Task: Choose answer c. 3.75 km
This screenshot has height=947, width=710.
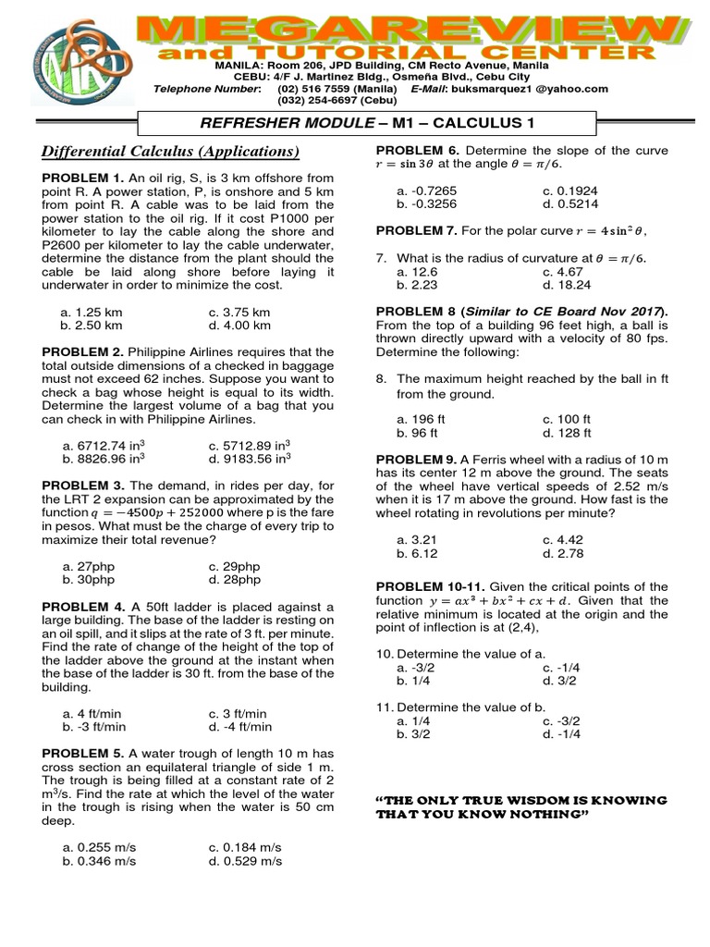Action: point(239,313)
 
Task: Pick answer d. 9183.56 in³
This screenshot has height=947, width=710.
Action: point(250,456)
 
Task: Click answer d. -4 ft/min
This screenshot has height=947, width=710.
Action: point(240,727)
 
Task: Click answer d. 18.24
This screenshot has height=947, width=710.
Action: point(564,287)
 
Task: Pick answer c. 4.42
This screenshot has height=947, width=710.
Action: point(563,539)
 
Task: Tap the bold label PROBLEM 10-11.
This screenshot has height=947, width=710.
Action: point(429,586)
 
